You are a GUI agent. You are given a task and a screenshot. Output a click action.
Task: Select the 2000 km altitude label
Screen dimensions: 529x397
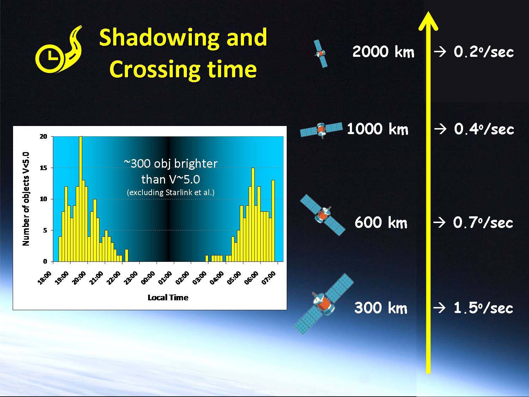point(383,52)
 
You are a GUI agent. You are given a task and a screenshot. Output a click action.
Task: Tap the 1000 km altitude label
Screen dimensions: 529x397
point(378,129)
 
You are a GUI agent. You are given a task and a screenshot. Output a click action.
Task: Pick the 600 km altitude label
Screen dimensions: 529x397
point(381,222)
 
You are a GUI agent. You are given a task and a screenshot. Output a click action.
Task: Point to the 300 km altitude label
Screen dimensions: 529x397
point(381,308)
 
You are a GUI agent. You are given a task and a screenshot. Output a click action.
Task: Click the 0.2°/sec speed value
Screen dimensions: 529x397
point(484,52)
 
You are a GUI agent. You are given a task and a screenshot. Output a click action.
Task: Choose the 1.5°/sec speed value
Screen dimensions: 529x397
point(484,308)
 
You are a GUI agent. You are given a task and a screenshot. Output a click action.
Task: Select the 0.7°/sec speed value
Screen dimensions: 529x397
point(483,222)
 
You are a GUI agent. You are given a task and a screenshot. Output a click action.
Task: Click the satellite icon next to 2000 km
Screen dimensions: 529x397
point(321,54)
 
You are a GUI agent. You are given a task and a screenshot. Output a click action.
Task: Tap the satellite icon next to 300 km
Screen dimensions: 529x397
point(324,304)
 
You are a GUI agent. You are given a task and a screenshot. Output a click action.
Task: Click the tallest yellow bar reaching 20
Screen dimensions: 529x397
point(80,199)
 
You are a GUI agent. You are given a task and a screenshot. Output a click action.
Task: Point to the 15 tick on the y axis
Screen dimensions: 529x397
point(43,168)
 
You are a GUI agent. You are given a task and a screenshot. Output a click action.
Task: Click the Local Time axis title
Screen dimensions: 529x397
point(168,297)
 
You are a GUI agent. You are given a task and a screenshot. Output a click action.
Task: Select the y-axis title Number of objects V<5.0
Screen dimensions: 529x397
point(26,199)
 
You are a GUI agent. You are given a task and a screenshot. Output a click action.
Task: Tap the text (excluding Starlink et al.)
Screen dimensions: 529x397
point(171,192)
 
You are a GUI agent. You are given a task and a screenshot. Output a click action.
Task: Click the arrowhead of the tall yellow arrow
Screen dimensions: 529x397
point(428,21)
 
